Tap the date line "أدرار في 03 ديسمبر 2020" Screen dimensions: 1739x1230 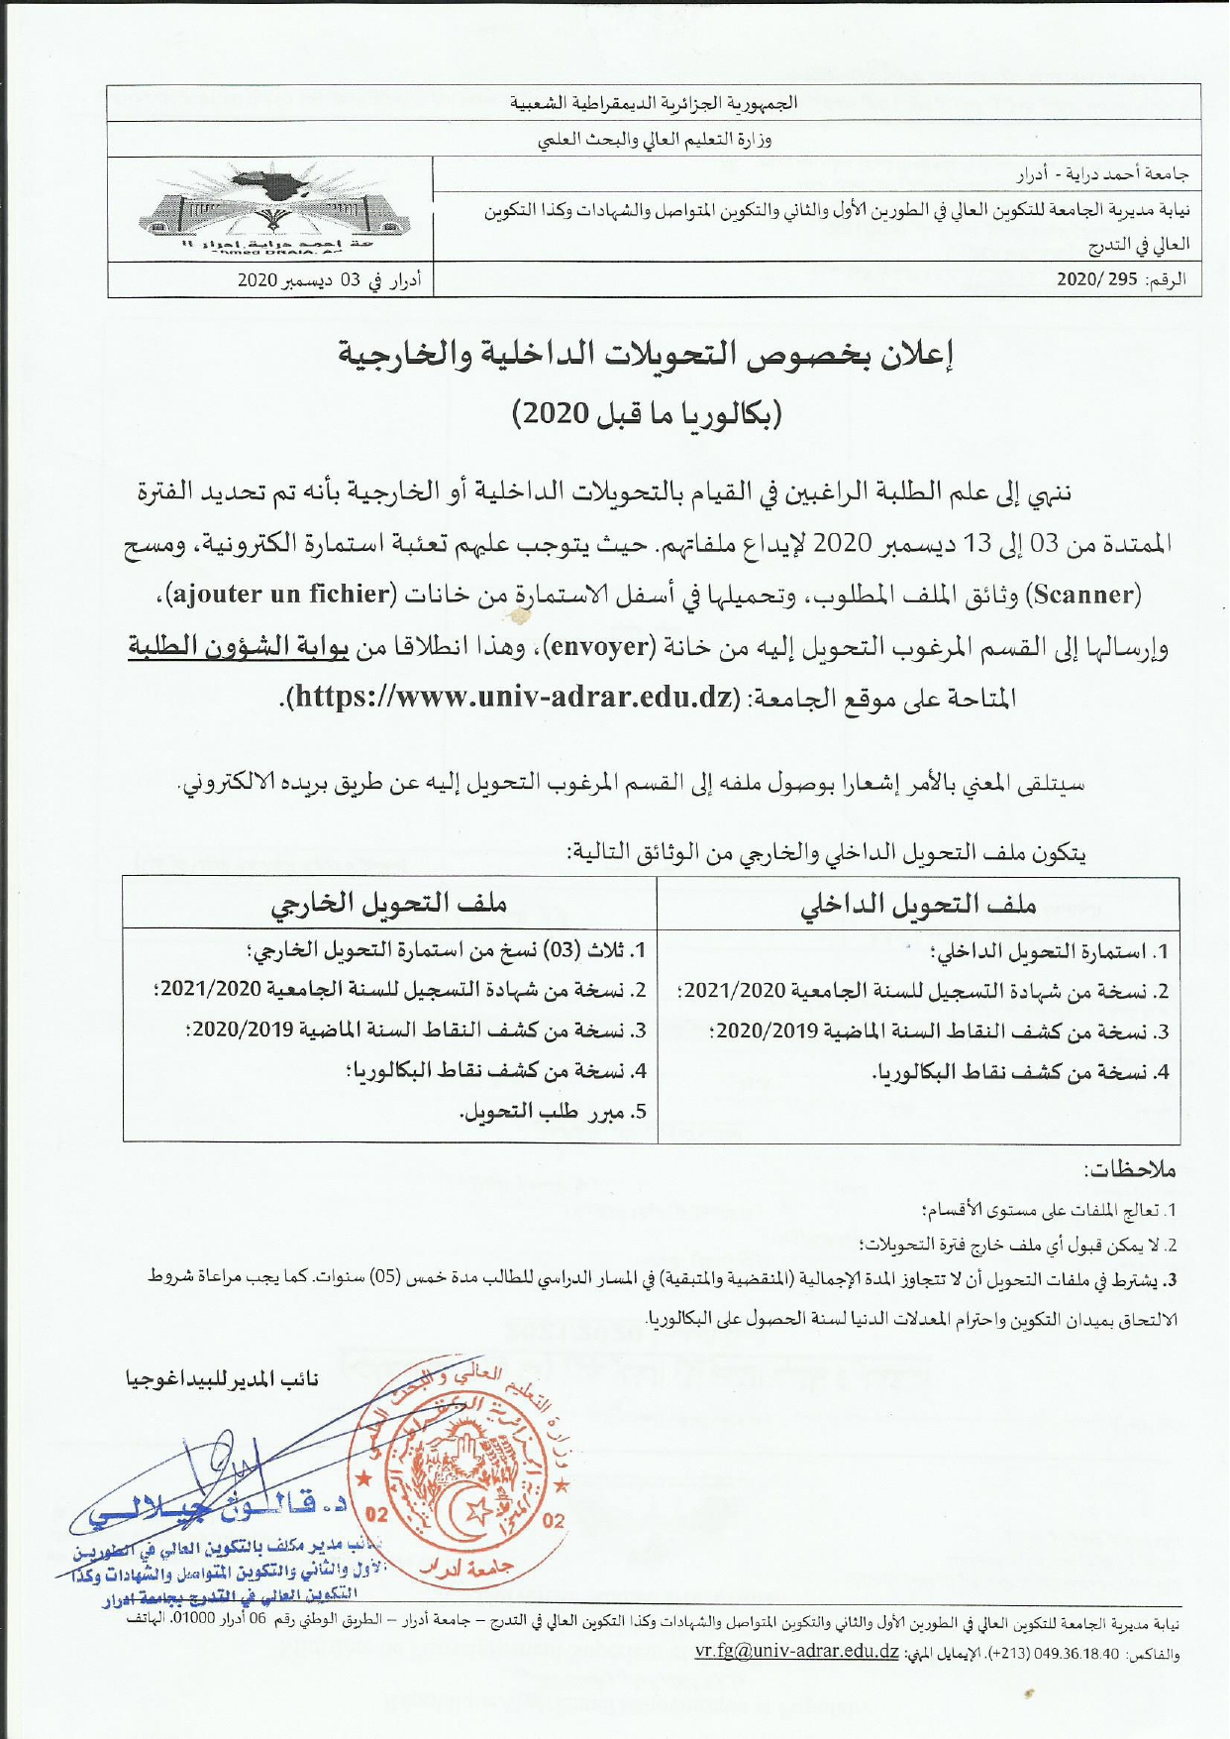click(330, 280)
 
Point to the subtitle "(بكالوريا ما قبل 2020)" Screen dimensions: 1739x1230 click(647, 413)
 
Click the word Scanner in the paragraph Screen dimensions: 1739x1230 click(1086, 596)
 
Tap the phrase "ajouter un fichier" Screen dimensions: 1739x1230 click(280, 596)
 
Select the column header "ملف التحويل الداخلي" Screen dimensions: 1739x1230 click(918, 904)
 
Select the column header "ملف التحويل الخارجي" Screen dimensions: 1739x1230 click(389, 904)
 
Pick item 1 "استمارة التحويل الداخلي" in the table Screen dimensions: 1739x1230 click(1050, 952)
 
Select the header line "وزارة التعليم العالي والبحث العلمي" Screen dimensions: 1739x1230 click(655, 140)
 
